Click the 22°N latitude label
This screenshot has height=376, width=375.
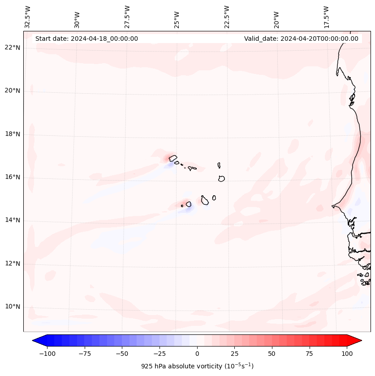pos(13,48)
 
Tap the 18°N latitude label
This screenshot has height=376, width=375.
pos(13,134)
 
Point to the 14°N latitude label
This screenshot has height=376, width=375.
pos(13,220)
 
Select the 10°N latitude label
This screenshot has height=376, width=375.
pos(13,307)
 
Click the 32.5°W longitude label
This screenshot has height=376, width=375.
pos(28,17)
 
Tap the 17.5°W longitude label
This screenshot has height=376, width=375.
pos(326,17)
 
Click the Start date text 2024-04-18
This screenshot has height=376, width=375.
pos(86,39)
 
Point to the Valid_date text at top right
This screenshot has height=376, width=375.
pos(301,39)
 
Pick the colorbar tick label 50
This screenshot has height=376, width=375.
pos(272,354)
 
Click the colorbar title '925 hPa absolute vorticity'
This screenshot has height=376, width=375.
pos(197,366)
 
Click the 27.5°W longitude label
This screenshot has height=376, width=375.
pos(127,17)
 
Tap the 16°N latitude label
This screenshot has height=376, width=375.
pos(13,177)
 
